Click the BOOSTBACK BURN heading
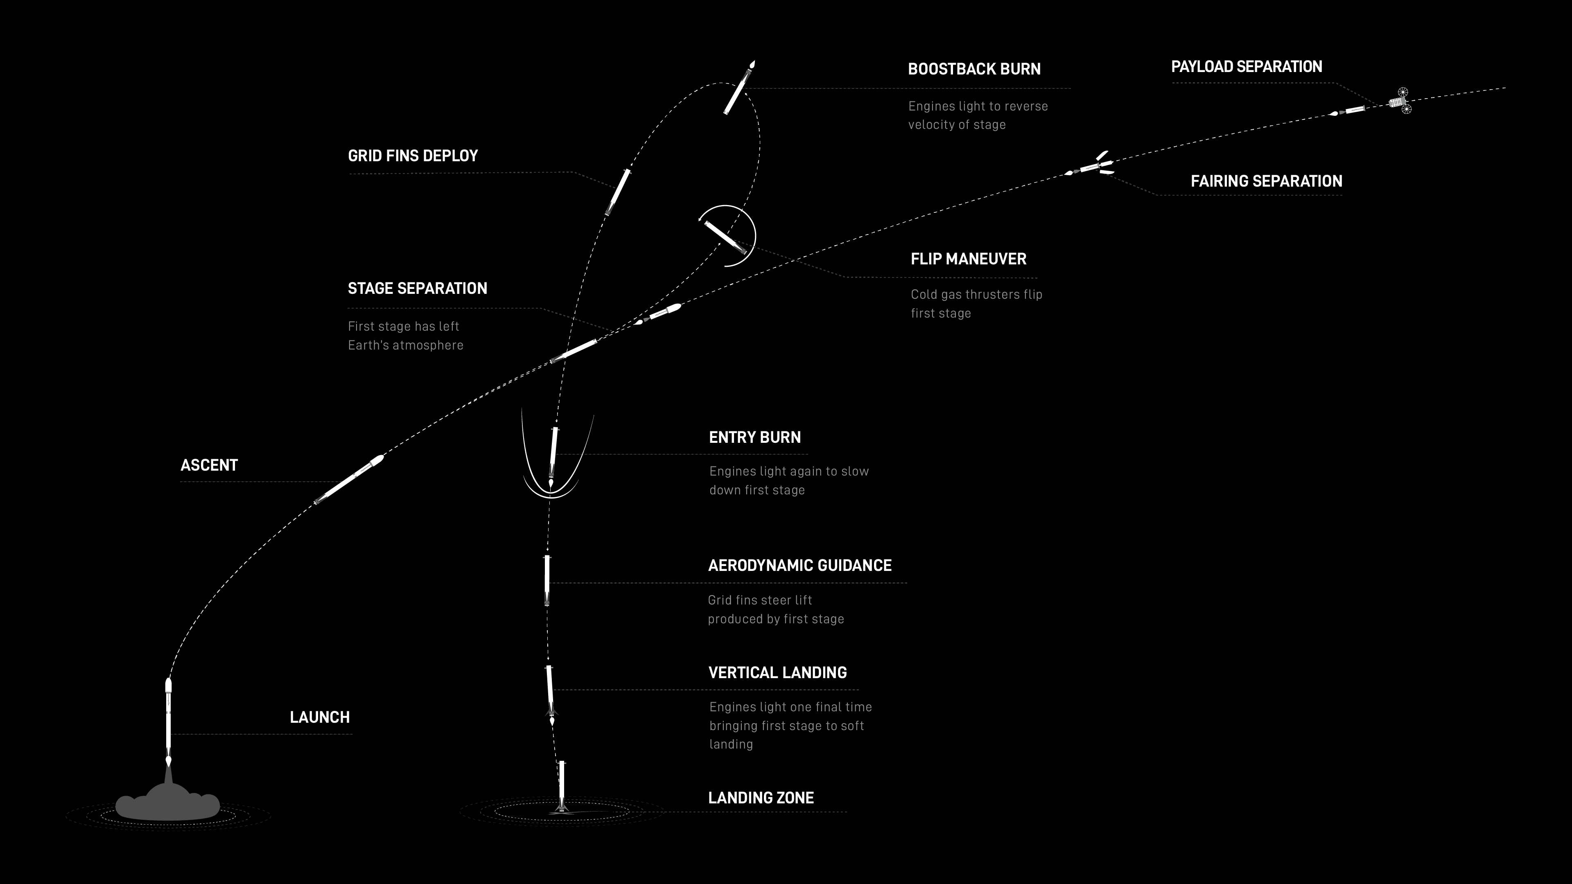(974, 69)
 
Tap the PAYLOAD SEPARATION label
(1246, 66)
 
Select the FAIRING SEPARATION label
(1266, 181)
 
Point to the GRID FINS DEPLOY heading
(413, 156)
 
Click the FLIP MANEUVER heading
(969, 259)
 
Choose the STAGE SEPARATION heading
(418, 288)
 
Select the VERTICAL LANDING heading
(777, 672)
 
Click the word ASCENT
(209, 465)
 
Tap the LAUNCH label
(320, 717)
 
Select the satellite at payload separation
(1400, 101)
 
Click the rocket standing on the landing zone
(561, 787)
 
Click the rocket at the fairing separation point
(1091, 165)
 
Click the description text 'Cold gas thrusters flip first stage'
(976, 304)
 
